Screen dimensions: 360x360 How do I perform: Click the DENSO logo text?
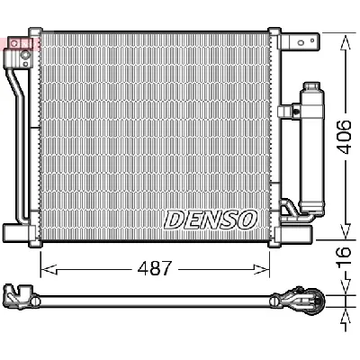pos(211,219)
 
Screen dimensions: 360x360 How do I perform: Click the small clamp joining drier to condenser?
pos(288,112)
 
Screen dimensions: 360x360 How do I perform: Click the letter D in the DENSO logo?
pos(173,220)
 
